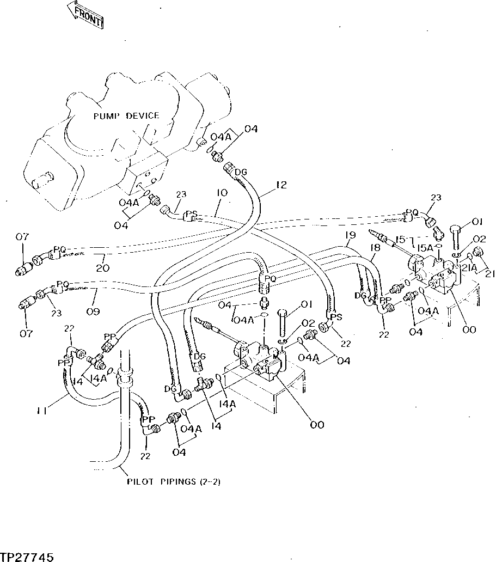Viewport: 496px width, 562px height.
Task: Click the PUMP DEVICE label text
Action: [126, 115]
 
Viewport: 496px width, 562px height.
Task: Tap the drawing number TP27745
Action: [27, 557]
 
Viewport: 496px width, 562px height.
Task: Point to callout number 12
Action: [280, 186]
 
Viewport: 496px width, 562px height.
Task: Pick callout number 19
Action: [350, 235]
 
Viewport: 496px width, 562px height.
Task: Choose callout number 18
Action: [375, 248]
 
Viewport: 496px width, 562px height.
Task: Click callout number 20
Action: [103, 267]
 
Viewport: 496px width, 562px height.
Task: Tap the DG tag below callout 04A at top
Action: [240, 173]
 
